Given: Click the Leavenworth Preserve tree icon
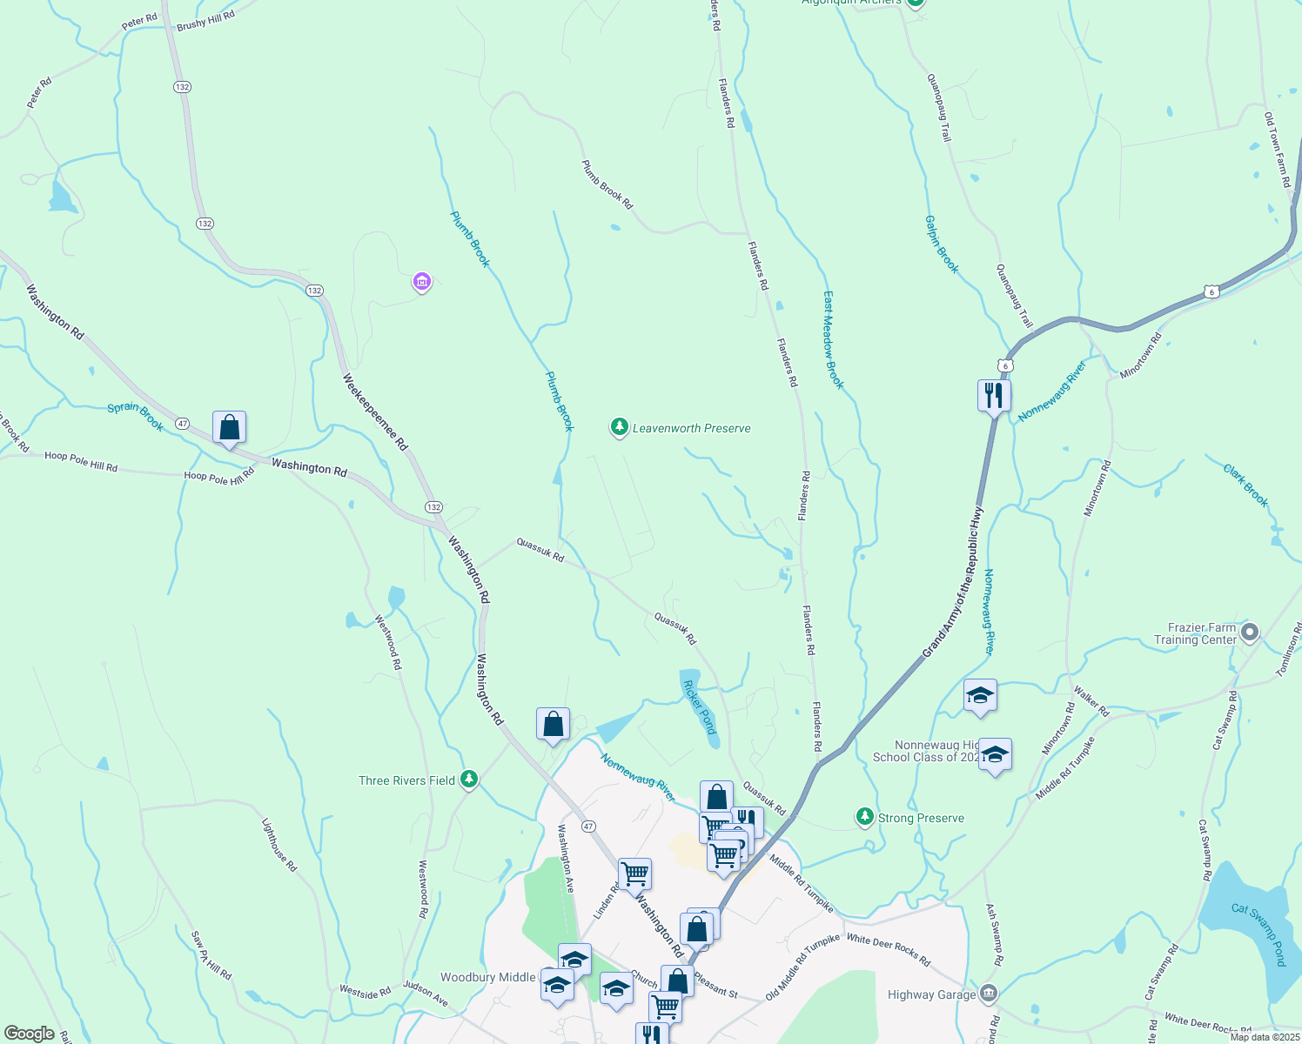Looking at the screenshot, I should pyautogui.click(x=619, y=427).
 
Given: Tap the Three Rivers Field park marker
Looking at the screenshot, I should pyautogui.click(x=469, y=779).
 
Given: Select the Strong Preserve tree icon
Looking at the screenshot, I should pyautogui.click(x=864, y=816).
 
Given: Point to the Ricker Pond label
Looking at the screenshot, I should pyautogui.click(x=700, y=706).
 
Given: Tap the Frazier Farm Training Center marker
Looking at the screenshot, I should pyautogui.click(x=1250, y=632).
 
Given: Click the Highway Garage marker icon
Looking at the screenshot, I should pyautogui.click(x=988, y=993).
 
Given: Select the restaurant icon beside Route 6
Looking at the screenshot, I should pyautogui.click(x=993, y=396).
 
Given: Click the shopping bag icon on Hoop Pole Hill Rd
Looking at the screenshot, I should pyautogui.click(x=229, y=427).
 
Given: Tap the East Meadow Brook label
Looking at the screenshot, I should pyautogui.click(x=834, y=340).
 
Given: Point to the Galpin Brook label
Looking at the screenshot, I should pyautogui.click(x=943, y=244).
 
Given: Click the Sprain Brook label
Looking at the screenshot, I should pyautogui.click(x=136, y=415).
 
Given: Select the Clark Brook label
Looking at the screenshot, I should pyautogui.click(x=1246, y=485).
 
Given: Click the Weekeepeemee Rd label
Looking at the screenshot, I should pyautogui.click(x=375, y=412).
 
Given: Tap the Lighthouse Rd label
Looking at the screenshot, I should pyautogui.click(x=279, y=845).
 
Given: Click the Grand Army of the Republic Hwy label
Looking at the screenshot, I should pyautogui.click(x=953, y=581).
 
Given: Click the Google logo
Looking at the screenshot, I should pyautogui.click(x=30, y=1033).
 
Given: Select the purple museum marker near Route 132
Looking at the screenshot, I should pyautogui.click(x=421, y=281).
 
